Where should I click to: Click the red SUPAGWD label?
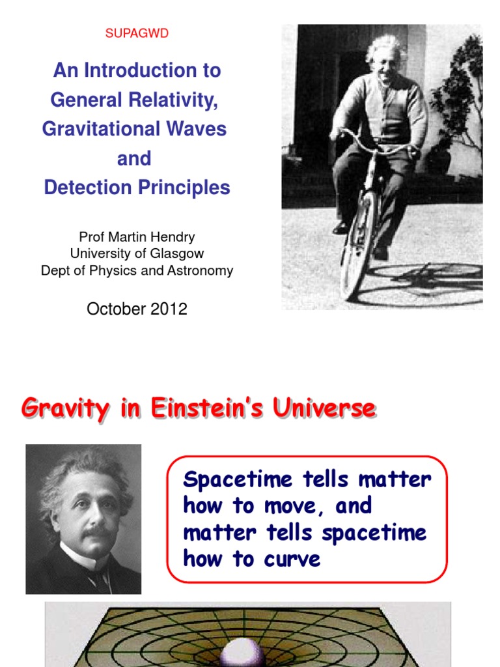137,34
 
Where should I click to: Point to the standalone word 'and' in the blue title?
134,158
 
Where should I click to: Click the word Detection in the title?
83,188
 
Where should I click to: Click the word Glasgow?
180,254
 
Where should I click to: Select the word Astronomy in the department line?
200,271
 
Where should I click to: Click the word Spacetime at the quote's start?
237,480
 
